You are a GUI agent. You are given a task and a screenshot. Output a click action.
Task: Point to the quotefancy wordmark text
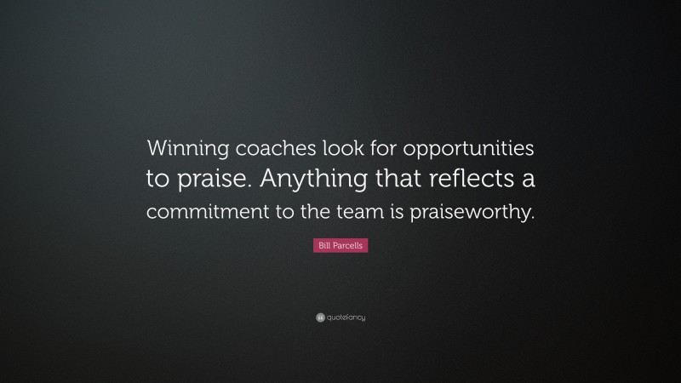[x=345, y=317]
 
